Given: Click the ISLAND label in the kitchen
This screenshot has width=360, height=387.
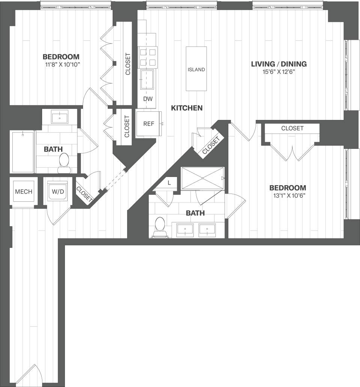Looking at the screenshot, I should tap(196, 69).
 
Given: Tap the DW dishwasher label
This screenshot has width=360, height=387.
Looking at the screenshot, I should tap(148, 99).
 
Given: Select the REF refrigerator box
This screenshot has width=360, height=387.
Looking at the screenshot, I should tap(148, 124).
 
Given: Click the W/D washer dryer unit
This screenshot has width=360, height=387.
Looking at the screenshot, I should tap(58, 192).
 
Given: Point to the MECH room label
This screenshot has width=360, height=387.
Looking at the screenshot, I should tap(24, 192).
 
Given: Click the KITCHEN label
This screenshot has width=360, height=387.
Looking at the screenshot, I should tap(187, 108).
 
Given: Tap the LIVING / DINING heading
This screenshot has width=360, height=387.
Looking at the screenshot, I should tap(279, 64).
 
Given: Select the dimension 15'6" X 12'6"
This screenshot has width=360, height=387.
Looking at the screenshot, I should tap(279, 72).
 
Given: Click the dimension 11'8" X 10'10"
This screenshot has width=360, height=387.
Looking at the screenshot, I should tap(61, 64).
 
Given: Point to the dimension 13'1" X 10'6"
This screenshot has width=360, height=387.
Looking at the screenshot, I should tap(288, 195).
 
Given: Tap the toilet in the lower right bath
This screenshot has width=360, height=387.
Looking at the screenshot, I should tap(160, 227).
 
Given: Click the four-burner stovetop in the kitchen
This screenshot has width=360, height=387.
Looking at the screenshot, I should tap(148, 57).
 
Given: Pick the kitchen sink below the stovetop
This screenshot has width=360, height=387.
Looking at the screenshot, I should tap(148, 79).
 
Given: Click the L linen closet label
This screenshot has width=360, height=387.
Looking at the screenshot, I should tap(169, 183).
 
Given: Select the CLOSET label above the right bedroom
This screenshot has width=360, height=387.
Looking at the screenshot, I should tap(292, 128).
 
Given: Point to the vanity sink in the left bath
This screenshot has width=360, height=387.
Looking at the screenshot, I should tap(60, 117).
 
